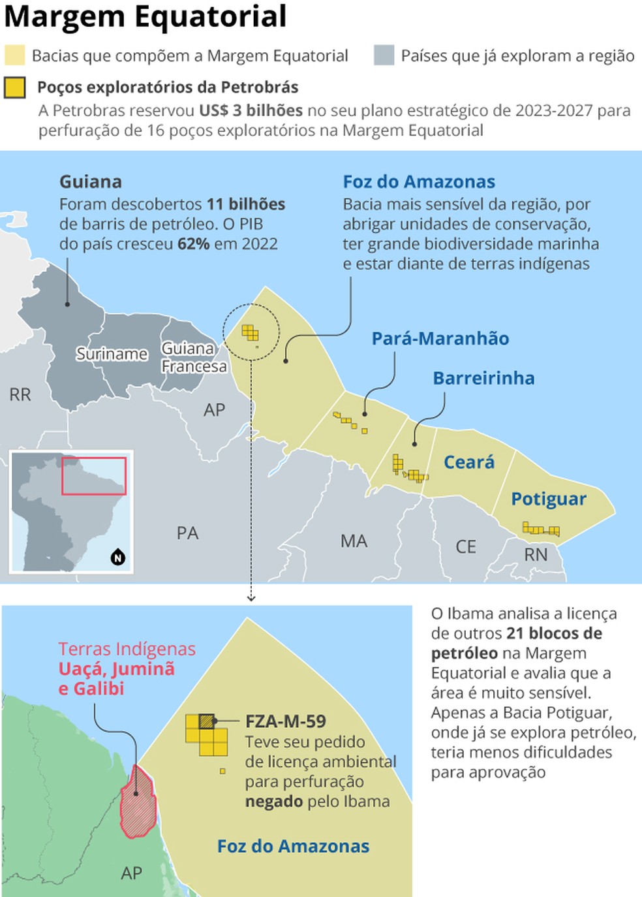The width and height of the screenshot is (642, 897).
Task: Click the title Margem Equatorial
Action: coord(145,16)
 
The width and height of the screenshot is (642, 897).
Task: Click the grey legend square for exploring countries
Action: coord(384,55)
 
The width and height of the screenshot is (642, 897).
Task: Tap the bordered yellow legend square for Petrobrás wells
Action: coord(14,87)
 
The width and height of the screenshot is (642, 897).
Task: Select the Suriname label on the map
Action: coord(112,354)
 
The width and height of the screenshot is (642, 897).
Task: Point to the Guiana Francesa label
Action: coord(194,357)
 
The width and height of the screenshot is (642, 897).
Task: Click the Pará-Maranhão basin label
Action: coord(440,338)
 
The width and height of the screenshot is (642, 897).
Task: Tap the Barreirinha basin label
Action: coord(483,378)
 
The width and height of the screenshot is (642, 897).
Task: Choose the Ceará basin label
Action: coord(469,462)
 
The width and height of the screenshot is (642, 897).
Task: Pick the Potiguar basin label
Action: coord(548,499)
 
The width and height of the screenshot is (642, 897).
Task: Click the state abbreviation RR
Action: coord(20,394)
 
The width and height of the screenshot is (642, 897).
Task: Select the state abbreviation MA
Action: coord(354,541)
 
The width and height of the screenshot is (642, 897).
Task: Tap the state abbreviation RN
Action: coord(536,555)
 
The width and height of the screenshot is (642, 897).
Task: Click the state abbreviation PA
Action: coord(187,533)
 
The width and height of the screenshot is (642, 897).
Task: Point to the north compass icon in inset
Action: coord(118,558)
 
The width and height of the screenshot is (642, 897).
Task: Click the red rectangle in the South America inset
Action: coord(94,476)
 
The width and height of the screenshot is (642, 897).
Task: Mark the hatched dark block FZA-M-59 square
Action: coord(207,721)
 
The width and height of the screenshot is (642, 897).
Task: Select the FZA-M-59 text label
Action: coord(285,721)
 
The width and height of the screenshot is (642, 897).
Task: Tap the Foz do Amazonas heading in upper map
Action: coord(419,181)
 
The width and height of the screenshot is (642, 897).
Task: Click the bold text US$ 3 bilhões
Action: coord(251,110)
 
